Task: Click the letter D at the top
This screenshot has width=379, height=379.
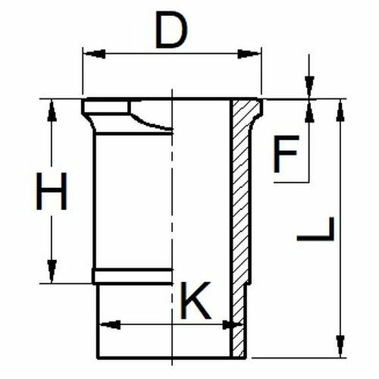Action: (x=171, y=30)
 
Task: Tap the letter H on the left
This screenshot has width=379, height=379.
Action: (x=52, y=191)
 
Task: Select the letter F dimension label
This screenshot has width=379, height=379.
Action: (x=286, y=154)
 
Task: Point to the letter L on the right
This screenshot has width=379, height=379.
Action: (x=315, y=229)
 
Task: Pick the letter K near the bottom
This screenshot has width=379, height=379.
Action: (x=196, y=300)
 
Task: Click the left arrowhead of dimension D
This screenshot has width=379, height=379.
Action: (x=94, y=54)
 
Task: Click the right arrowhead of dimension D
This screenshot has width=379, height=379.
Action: (x=249, y=54)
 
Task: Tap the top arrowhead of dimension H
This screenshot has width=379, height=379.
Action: (x=52, y=111)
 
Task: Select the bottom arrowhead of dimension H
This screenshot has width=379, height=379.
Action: (x=52, y=271)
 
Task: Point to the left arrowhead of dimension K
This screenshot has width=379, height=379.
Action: (x=110, y=324)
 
